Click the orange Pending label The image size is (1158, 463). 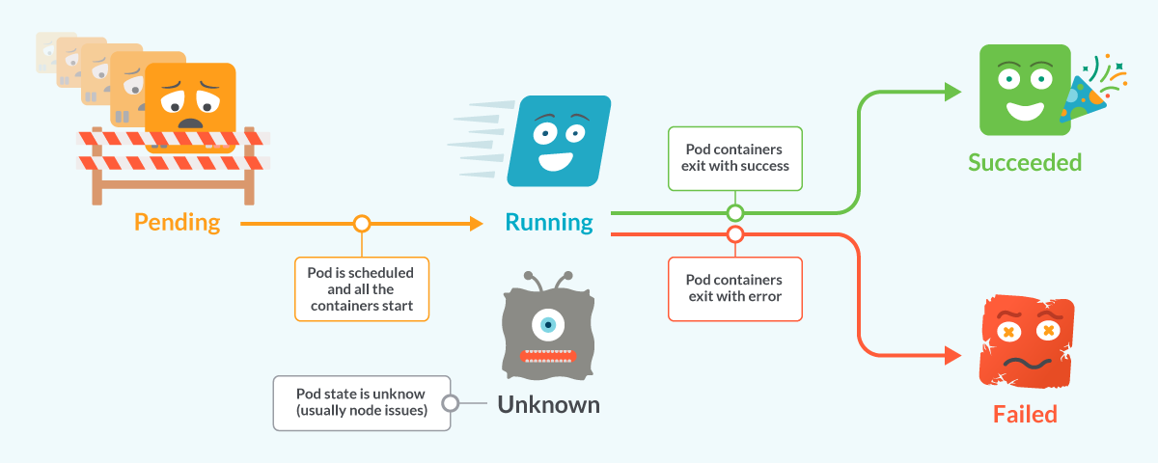pyautogui.click(x=177, y=223)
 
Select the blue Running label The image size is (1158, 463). pyautogui.click(x=549, y=223)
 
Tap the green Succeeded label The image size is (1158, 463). pyautogui.click(x=1025, y=161)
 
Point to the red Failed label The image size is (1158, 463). pyautogui.click(x=1025, y=414)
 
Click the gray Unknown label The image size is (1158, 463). pyautogui.click(x=548, y=404)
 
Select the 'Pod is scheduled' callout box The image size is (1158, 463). pyautogui.click(x=361, y=287)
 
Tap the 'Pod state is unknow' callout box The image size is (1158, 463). pyautogui.click(x=361, y=402)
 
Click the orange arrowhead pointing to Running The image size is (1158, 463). pyautogui.click(x=475, y=224)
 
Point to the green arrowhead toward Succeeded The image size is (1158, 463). pyautogui.click(x=953, y=92)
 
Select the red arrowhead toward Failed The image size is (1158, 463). pyautogui.click(x=953, y=355)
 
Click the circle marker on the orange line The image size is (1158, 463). pyautogui.click(x=362, y=224)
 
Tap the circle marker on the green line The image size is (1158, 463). pyautogui.click(x=735, y=212)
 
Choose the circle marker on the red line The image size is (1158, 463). pyautogui.click(x=735, y=234)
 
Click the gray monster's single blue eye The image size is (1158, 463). pyautogui.click(x=548, y=325)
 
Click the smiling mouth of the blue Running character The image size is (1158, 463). pyautogui.click(x=554, y=155)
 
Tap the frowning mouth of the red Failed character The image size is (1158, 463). pyautogui.click(x=1025, y=363)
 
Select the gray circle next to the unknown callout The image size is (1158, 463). pyautogui.click(x=449, y=403)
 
